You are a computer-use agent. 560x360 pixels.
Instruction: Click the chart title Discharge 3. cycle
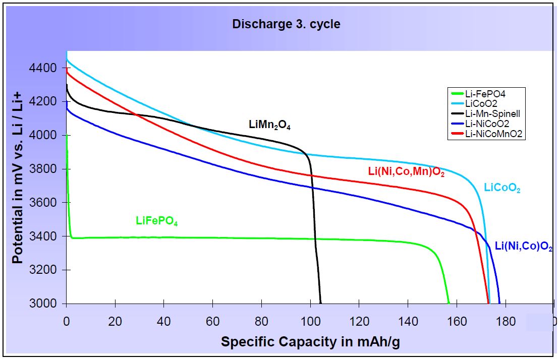(x=286, y=24)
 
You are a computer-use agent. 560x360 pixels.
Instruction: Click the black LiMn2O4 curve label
(x=269, y=125)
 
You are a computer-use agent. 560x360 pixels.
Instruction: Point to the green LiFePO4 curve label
(x=157, y=221)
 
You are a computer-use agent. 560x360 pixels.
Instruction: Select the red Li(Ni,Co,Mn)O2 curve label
(x=406, y=172)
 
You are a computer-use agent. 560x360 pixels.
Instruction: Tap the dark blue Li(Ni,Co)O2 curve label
(x=523, y=248)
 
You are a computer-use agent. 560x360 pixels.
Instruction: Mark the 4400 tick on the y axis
(x=46, y=68)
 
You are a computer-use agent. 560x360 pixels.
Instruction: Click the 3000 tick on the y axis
(x=46, y=304)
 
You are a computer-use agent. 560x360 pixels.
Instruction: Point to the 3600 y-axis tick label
(x=46, y=203)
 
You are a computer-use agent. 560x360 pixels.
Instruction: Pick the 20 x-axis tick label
(x=115, y=321)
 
